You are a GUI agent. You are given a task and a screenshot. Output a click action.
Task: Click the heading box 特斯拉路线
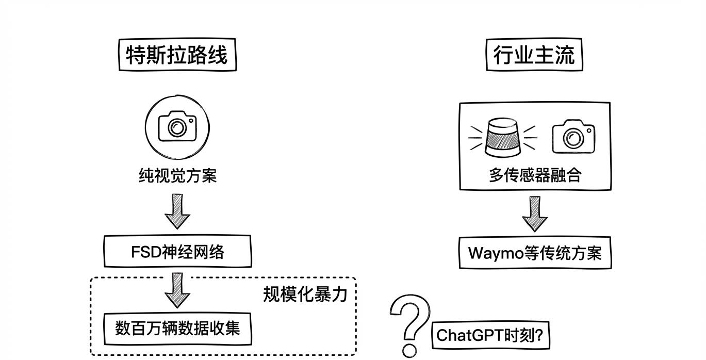click(177, 55)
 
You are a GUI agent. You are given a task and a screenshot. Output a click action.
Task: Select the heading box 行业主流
click(534, 55)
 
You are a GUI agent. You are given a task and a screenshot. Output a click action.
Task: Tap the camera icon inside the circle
click(177, 127)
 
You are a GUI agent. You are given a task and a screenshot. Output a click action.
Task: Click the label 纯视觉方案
click(177, 176)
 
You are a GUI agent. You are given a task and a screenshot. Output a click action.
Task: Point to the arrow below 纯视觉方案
click(177, 211)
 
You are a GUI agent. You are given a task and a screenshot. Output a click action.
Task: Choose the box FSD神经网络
click(177, 252)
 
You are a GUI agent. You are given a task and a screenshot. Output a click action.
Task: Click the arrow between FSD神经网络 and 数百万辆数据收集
click(177, 290)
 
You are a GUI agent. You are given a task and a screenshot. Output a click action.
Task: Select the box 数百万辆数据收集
click(177, 329)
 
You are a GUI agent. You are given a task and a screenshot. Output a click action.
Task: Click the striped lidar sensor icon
click(503, 138)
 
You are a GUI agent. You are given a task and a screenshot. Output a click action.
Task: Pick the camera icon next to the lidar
click(573, 137)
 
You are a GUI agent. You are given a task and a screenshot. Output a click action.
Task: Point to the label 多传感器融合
click(535, 175)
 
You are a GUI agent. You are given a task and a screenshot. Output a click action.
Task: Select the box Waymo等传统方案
click(535, 253)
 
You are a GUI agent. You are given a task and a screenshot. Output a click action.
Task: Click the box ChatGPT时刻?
click(490, 335)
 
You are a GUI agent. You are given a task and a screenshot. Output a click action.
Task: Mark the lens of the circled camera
click(177, 127)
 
